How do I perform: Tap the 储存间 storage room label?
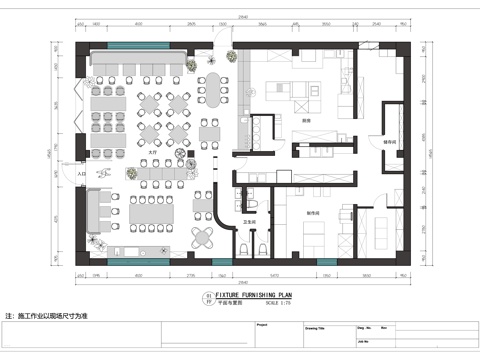pyautogui.click(x=390, y=143)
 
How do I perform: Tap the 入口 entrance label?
pyautogui.click(x=80, y=174)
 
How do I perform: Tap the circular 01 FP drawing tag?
pyautogui.click(x=208, y=300)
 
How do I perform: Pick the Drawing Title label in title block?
pyautogui.click(x=317, y=326)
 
